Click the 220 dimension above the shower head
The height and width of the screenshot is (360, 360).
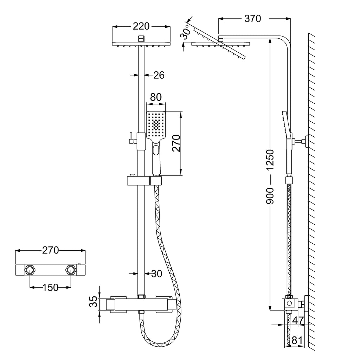(x=141, y=26)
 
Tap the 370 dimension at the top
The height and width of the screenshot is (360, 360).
(x=252, y=19)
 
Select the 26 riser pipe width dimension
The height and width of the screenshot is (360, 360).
(x=159, y=75)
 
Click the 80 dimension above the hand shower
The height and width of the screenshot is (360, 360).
(x=156, y=97)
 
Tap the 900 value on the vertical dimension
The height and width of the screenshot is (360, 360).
(x=270, y=196)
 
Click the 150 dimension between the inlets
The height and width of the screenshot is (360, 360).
(x=51, y=288)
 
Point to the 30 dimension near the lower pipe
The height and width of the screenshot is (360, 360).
(x=156, y=274)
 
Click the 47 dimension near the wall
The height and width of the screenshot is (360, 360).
(x=298, y=321)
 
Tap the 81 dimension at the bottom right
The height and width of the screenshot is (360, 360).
(x=297, y=341)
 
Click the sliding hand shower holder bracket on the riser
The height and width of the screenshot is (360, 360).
(x=144, y=181)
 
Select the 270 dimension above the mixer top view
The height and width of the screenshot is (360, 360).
(x=51, y=250)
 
